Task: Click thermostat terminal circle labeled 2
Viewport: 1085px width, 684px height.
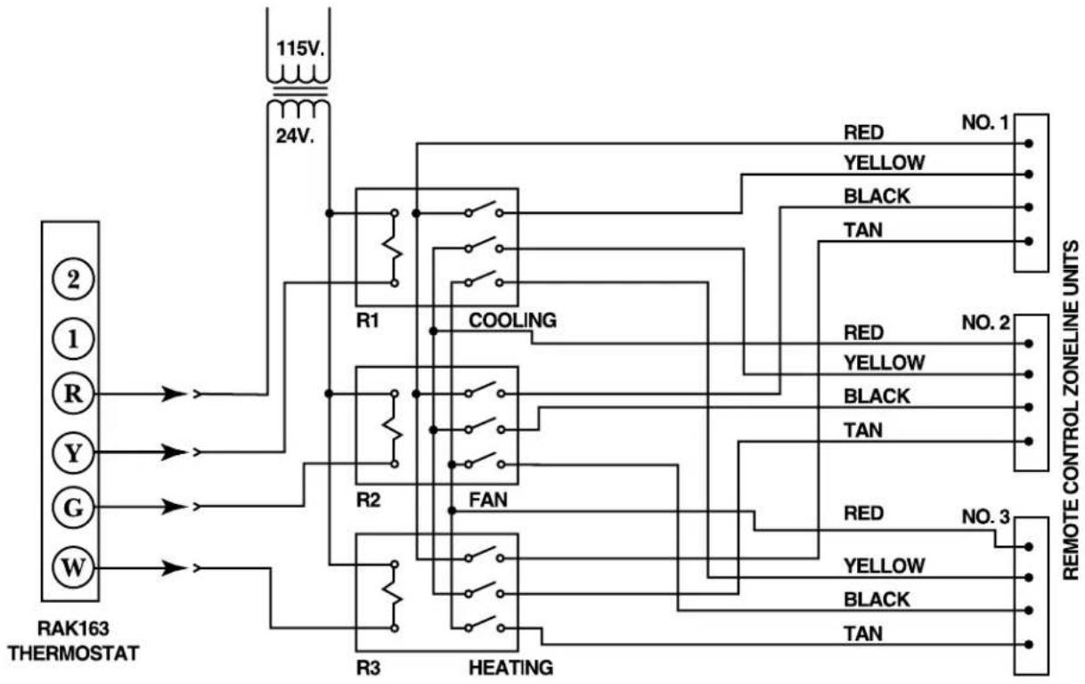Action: [73, 280]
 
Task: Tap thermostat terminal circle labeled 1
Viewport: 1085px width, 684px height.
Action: [73, 338]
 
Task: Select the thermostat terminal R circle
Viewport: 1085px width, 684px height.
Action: [73, 394]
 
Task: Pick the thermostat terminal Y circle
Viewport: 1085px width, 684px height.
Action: [73, 453]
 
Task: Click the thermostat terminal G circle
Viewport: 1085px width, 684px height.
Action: [73, 509]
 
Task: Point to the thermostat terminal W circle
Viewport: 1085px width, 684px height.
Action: [73, 567]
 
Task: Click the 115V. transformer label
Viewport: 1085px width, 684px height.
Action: [300, 48]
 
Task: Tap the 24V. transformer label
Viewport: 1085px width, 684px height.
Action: [295, 136]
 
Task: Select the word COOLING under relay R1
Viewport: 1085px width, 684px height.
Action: [512, 321]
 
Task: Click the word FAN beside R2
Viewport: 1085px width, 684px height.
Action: [488, 500]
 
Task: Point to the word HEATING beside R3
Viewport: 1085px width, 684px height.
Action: [510, 668]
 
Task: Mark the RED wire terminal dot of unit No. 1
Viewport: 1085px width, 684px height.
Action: [1029, 143]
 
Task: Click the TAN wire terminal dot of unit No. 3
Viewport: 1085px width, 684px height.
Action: [1029, 645]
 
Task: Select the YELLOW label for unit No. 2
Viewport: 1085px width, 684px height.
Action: [884, 362]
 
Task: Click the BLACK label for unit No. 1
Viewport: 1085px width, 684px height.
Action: [877, 196]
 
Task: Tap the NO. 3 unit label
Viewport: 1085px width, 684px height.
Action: [985, 517]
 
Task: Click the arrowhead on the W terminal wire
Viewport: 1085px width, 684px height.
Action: [174, 567]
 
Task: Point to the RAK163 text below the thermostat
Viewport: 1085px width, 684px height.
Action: [73, 628]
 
